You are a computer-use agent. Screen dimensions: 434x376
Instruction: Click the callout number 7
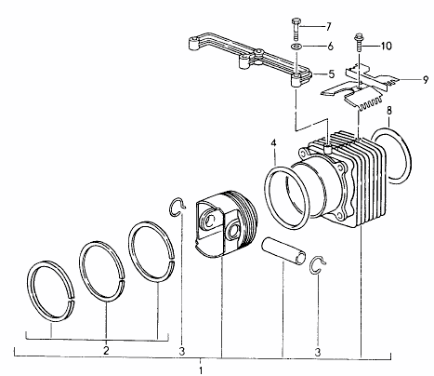pyautogui.click(x=328, y=26)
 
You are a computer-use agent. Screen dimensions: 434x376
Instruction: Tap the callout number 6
pyautogui.click(x=330, y=47)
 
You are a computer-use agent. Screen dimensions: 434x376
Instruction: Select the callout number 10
pyautogui.click(x=386, y=46)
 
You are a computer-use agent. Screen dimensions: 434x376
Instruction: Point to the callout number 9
pyautogui.click(x=426, y=80)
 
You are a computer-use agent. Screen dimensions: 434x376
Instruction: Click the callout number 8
pyautogui.click(x=389, y=111)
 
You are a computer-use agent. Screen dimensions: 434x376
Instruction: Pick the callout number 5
pyautogui.click(x=332, y=74)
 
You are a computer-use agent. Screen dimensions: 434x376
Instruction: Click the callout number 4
pyautogui.click(x=273, y=143)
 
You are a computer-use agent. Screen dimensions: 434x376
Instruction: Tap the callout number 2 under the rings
pyautogui.click(x=106, y=351)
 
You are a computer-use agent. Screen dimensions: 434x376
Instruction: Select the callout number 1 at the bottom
pyautogui.click(x=201, y=370)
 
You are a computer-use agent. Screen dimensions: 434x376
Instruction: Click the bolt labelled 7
pyautogui.click(x=295, y=29)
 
